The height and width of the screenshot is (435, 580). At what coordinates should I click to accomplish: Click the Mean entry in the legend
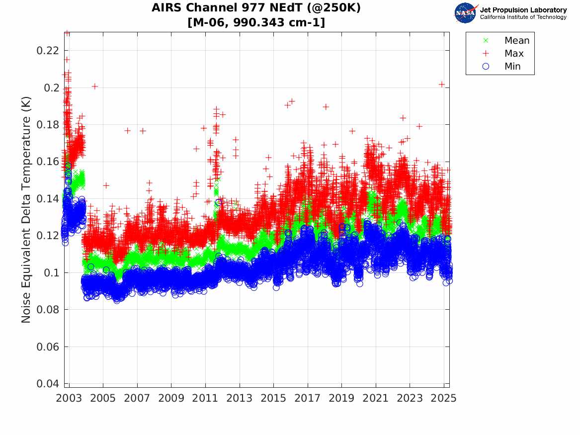(516, 41)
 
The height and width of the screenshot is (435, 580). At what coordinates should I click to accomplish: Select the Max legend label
(514, 54)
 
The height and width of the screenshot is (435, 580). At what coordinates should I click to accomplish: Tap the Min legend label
(512, 67)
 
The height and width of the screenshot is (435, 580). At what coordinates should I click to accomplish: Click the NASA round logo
(466, 13)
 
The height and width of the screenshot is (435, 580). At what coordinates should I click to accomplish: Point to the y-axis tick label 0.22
(48, 51)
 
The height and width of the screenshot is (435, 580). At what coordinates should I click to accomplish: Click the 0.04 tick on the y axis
(48, 384)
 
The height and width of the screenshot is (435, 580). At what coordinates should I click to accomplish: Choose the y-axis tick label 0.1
(52, 272)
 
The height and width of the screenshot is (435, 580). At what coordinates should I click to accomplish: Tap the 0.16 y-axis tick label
(48, 162)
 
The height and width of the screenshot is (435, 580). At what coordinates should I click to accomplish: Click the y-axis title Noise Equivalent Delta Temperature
(26, 210)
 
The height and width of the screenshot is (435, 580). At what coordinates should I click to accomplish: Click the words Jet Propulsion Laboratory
(523, 10)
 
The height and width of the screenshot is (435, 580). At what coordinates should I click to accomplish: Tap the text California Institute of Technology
(523, 17)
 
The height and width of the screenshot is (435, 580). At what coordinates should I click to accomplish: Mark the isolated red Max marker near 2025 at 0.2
(441, 85)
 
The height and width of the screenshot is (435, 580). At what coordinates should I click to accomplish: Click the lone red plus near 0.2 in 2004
(94, 87)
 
